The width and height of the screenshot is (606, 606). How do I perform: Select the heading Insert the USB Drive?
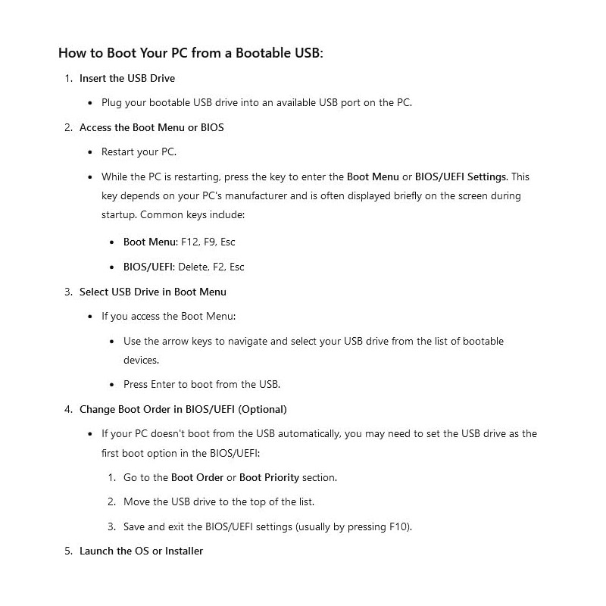tap(127, 78)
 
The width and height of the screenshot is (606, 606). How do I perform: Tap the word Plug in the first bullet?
tap(112, 102)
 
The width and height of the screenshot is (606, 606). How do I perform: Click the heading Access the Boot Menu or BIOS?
tap(151, 127)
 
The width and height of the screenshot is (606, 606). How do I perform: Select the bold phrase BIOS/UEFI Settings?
tap(461, 176)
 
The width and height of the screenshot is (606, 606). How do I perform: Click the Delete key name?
tap(193, 267)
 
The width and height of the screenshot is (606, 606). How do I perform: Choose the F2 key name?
tap(220, 267)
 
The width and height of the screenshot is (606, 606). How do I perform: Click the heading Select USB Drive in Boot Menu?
tap(153, 292)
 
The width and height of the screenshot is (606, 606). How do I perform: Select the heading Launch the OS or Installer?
tap(141, 551)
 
